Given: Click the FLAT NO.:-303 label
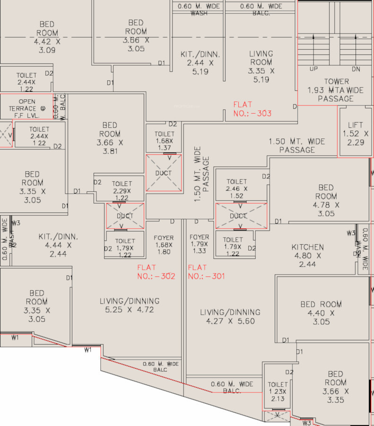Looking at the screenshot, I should tap(252, 109).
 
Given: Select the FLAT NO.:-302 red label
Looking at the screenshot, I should tap(156, 272).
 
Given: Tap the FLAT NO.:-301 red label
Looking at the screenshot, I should tap(206, 272).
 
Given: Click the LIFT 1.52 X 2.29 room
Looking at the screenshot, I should tap(355, 133).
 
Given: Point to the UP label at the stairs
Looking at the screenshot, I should tap(313, 69).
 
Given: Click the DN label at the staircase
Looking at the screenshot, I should tap(356, 69).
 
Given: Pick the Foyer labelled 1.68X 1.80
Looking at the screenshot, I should tap(164, 245).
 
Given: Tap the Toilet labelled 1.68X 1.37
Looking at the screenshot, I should tap(164, 141).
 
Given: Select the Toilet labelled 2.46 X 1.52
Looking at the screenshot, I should tap(237, 188).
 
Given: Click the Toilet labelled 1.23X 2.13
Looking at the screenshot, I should tap(278, 391).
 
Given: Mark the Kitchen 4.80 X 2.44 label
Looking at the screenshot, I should tap(308, 256).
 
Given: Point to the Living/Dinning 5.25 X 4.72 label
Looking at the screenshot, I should tap(130, 305).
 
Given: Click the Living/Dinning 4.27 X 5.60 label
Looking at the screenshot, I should tap(230, 317).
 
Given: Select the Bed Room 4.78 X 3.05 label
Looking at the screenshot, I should tap(326, 201).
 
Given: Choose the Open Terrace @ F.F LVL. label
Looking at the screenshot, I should tap(27, 108).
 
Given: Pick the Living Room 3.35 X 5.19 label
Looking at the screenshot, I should tap(261, 66).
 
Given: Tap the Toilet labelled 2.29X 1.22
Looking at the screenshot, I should tap(122, 191).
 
